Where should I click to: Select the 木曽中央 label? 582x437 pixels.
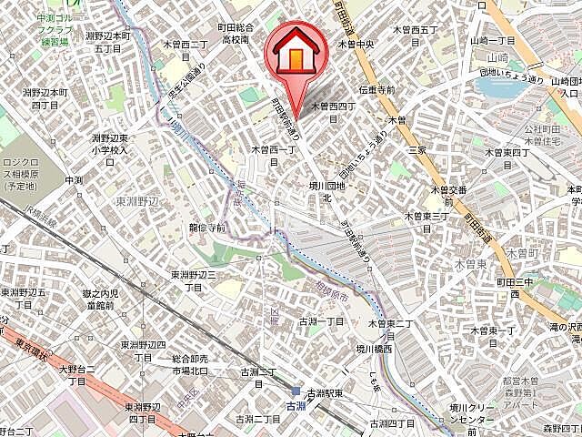tap(357, 43)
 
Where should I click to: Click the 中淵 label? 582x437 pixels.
tap(74, 180)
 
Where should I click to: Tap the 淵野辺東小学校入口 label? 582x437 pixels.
tap(109, 149)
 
